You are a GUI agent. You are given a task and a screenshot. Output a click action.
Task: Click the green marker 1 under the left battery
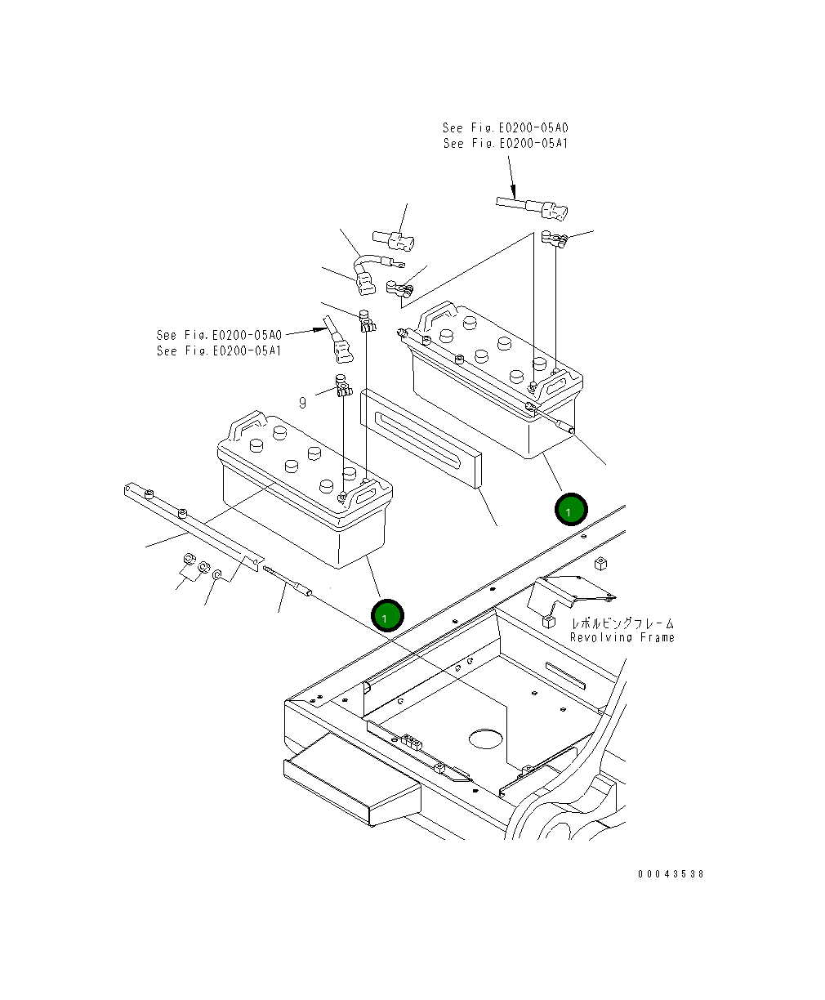(386, 616)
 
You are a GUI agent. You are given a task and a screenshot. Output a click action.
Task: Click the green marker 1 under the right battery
(570, 509)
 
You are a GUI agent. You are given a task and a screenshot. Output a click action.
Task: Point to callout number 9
(302, 403)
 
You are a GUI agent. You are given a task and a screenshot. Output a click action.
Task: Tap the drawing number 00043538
(671, 873)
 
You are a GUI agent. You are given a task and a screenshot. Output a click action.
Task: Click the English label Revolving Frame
(622, 637)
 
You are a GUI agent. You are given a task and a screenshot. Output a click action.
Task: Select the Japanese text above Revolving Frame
(622, 623)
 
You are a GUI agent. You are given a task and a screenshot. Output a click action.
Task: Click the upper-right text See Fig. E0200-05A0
(505, 128)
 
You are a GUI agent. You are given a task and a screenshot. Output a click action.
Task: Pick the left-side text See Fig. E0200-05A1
(219, 350)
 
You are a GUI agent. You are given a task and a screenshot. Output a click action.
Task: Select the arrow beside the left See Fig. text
(306, 332)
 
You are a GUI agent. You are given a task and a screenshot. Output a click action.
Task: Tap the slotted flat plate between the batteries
(421, 439)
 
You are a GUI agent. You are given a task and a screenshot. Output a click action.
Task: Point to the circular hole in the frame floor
(489, 739)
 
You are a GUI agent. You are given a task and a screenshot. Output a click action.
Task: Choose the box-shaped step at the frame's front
(351, 780)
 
